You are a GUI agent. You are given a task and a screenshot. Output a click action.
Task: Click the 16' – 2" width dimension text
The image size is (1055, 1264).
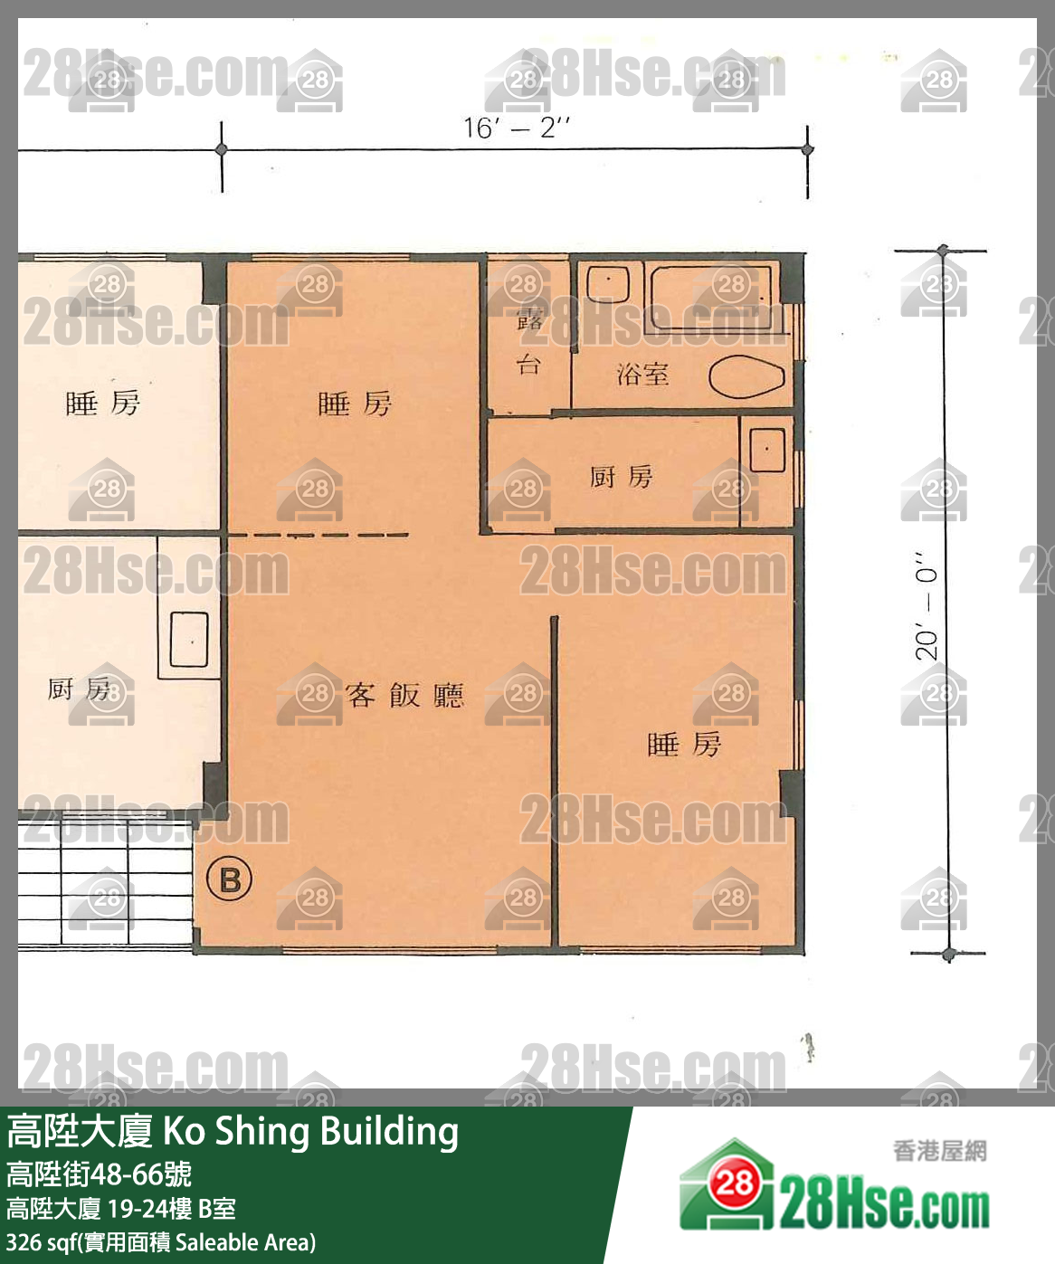(516, 128)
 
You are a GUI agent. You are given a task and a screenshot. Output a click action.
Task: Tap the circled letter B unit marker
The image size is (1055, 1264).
(229, 879)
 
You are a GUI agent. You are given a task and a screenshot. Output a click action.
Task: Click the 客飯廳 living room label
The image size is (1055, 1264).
(404, 695)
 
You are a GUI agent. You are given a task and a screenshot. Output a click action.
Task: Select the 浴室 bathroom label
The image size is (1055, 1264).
(642, 374)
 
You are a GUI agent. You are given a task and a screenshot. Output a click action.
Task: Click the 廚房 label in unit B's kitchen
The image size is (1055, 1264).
(621, 476)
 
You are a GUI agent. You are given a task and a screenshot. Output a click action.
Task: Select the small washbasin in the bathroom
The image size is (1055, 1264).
(607, 283)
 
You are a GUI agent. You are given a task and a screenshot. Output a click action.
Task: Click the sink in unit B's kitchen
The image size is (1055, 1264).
(766, 450)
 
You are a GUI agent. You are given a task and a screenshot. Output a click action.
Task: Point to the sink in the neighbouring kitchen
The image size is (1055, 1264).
(188, 640)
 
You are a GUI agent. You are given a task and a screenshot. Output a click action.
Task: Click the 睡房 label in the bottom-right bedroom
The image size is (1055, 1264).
(684, 745)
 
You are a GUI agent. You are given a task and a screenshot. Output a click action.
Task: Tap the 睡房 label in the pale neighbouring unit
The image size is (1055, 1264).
(102, 403)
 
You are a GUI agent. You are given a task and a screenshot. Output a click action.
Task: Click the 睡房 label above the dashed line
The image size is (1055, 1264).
(355, 404)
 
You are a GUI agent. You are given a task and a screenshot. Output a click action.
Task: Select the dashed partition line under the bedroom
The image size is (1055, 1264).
(317, 535)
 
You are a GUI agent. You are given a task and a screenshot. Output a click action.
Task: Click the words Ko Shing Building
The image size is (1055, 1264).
(310, 1131)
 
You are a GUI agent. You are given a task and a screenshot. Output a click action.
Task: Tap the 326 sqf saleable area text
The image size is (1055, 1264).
(160, 1242)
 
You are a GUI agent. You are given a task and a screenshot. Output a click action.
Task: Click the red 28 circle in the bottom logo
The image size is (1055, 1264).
(733, 1183)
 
